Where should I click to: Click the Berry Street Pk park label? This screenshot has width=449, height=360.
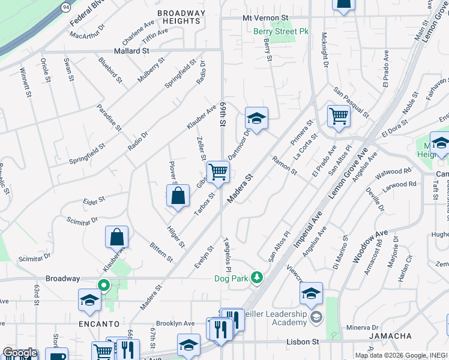pyautogui.click(x=281, y=31)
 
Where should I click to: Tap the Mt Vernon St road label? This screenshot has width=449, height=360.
pyautogui.click(x=265, y=19)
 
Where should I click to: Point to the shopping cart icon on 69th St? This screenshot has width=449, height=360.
pyautogui.click(x=218, y=172)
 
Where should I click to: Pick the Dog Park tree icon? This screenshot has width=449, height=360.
pyautogui.click(x=257, y=277)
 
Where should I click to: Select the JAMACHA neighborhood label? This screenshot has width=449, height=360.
pyautogui.click(x=390, y=335)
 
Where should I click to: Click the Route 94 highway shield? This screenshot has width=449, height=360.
pyautogui.click(x=65, y=7)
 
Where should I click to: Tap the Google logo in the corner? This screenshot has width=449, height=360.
pyautogui.click(x=19, y=353)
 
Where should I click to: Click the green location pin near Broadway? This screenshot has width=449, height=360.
pyautogui.click(x=103, y=286)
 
